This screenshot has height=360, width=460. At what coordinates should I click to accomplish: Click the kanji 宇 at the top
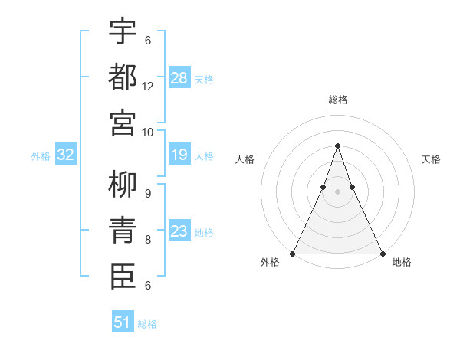(123, 31)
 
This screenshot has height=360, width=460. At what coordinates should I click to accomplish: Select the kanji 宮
(123, 122)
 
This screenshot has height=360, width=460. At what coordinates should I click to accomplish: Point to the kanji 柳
(123, 185)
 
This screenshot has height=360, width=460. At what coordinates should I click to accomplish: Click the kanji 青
(123, 230)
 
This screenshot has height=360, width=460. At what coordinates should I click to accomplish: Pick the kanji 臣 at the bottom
(123, 276)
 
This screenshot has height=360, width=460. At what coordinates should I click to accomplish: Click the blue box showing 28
(179, 77)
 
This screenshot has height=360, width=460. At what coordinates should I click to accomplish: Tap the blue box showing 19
(179, 155)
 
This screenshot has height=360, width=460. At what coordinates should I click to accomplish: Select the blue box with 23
(179, 231)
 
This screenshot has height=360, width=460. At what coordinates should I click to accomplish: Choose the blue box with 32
(66, 155)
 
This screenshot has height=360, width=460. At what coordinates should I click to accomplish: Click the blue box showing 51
(123, 322)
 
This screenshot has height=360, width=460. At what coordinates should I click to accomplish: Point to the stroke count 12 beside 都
(148, 87)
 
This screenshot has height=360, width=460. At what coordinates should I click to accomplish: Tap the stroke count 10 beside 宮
(148, 132)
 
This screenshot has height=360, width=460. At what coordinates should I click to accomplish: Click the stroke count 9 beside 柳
(148, 195)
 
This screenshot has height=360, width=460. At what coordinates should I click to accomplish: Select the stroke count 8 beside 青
(148, 240)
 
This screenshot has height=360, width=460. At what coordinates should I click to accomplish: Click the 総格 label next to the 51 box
(147, 324)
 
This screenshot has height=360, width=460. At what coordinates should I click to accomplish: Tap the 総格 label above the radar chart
(337, 100)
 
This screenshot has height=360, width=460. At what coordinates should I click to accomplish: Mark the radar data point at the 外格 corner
(293, 254)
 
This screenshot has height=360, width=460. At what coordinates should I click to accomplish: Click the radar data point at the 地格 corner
(382, 254)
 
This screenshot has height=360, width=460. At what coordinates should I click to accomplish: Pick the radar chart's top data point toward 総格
(337, 146)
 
